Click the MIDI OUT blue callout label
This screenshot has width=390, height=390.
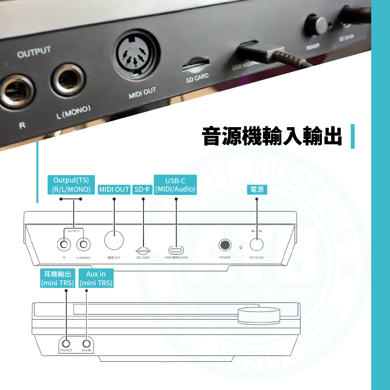[x=114, y=190]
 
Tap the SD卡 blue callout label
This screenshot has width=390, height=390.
[x=142, y=190]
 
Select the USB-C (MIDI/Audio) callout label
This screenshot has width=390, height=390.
[x=175, y=185]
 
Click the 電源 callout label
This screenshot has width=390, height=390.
[x=257, y=190]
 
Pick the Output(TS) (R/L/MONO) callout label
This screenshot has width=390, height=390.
[x=71, y=185]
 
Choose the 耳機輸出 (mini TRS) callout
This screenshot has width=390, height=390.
[x=58, y=278]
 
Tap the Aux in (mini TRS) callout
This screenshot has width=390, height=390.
[x=96, y=278]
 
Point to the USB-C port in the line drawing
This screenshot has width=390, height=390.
[x=176, y=250]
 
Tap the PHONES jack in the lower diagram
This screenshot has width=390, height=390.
[x=66, y=344]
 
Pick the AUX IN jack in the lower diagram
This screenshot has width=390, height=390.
[x=87, y=344]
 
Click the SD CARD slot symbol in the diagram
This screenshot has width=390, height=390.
[x=143, y=250]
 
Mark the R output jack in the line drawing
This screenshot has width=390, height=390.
[x=64, y=245]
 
